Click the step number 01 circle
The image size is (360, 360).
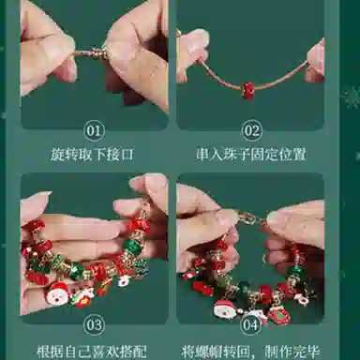pos(95,130)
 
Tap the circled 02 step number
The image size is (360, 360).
pos(251,130)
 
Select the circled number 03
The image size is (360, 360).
pos(95,324)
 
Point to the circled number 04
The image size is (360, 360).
pos(251,324)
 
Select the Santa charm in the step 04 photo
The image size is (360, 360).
pos(224,307)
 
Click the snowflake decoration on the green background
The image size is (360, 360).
pos(352,97)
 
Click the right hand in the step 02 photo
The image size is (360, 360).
pos(315,58)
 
